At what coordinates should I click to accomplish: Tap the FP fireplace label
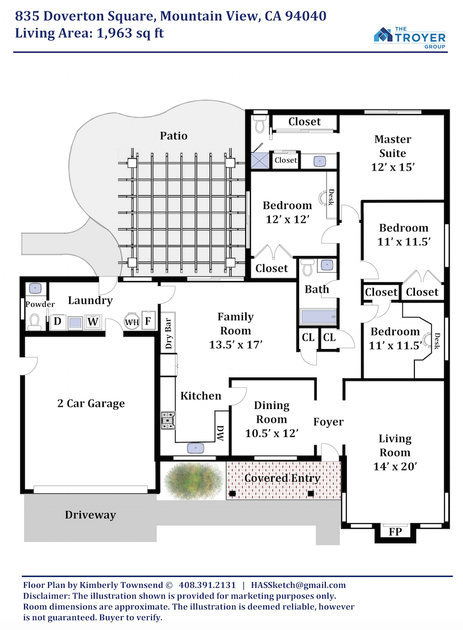click(395, 532)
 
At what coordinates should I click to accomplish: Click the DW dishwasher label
click(220, 433)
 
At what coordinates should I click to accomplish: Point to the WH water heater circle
click(132, 321)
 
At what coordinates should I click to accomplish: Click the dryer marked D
click(58, 321)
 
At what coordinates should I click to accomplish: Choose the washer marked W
click(93, 321)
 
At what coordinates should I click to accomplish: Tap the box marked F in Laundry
click(148, 320)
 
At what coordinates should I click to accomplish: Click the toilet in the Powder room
click(34, 322)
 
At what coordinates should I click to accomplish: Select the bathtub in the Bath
click(318, 316)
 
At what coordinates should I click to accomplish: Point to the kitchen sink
click(196, 448)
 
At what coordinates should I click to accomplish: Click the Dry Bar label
click(168, 333)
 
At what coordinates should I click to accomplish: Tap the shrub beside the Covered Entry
click(194, 480)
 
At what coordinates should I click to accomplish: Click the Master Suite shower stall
click(260, 161)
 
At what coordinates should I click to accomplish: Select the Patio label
click(173, 136)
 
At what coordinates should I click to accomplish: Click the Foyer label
click(328, 421)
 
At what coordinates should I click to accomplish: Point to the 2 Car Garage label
click(91, 403)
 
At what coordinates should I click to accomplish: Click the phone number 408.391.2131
click(207, 585)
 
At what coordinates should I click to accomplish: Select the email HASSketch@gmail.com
click(298, 585)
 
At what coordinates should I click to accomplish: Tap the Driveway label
click(90, 515)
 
